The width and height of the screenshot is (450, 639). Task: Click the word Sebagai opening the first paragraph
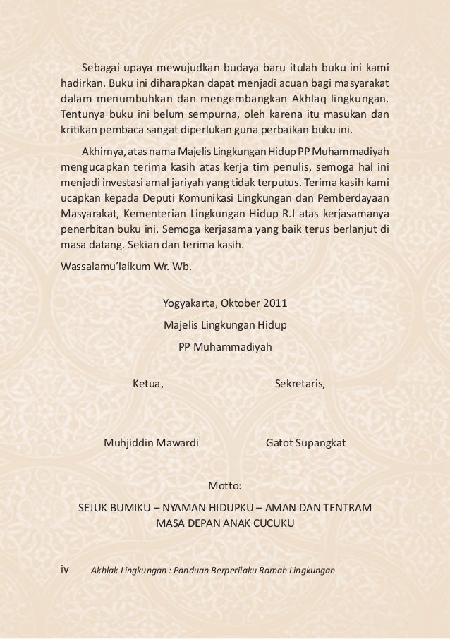pyautogui.click(x=101, y=68)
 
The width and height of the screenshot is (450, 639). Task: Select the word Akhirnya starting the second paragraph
pyautogui.click(x=104, y=152)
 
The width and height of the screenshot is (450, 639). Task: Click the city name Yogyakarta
pyautogui.click(x=190, y=305)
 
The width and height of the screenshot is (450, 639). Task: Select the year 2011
pyautogui.click(x=275, y=305)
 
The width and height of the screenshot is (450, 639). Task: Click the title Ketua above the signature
pyautogui.click(x=148, y=384)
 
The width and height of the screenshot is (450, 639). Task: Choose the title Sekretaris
pyautogui.click(x=299, y=384)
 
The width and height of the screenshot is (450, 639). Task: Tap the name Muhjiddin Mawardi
pyautogui.click(x=151, y=444)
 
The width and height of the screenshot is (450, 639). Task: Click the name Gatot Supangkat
pyautogui.click(x=305, y=444)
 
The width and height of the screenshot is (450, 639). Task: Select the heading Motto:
pyautogui.click(x=225, y=487)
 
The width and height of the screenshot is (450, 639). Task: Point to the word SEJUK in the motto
pyautogui.click(x=92, y=508)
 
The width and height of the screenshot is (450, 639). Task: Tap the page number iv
pyautogui.click(x=66, y=568)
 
